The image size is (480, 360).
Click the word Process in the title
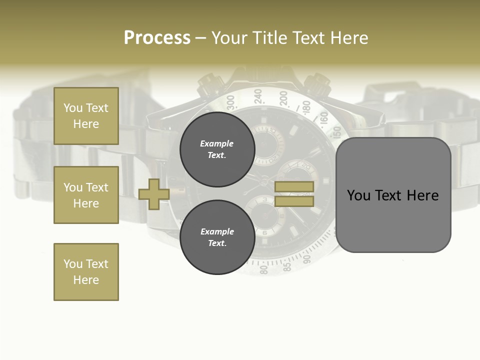(157, 38)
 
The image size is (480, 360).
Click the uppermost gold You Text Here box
(86, 116)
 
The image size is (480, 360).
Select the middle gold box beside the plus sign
(86, 195)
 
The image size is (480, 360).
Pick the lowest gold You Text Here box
(86, 272)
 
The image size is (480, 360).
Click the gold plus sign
(154, 194)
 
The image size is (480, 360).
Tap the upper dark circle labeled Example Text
(217, 149)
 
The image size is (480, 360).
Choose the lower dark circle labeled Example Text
(217, 237)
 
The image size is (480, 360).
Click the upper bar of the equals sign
(294, 186)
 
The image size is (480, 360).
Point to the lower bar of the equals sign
(294, 201)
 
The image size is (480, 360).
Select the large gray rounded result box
(393, 195)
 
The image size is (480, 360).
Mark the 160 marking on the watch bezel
(324, 118)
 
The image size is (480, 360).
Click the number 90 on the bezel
(307, 257)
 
